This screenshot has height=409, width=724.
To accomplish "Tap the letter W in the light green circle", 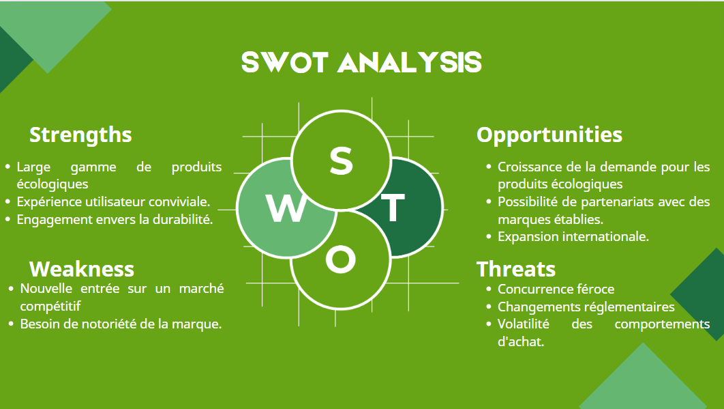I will [286, 208].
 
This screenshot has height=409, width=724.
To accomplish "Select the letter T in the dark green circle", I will [392, 208].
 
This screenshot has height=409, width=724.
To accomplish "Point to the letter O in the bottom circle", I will [340, 260].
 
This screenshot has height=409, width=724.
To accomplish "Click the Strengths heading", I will [80, 135].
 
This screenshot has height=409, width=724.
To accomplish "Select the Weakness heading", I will [82, 268].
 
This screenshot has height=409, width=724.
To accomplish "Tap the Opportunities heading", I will [549, 135].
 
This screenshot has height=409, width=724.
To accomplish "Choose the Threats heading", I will [516, 268].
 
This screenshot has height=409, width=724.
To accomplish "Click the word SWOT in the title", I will [286, 62].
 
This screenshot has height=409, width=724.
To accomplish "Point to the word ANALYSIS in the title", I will [410, 62].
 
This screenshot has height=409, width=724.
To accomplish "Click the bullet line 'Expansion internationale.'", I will [573, 236].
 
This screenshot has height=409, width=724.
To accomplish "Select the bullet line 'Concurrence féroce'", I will [556, 289].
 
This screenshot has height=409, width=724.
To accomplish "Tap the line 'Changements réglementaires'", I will [586, 307].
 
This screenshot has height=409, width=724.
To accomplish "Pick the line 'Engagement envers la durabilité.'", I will [115, 219].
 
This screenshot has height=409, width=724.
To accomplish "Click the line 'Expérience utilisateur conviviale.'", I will [113, 201].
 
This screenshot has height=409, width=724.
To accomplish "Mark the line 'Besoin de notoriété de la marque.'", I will [121, 324].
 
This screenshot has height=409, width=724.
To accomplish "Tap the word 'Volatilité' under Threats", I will [523, 324].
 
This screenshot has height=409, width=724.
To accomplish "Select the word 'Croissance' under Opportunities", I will [528, 167].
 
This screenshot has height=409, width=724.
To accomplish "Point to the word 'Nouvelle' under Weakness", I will [44, 289].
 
